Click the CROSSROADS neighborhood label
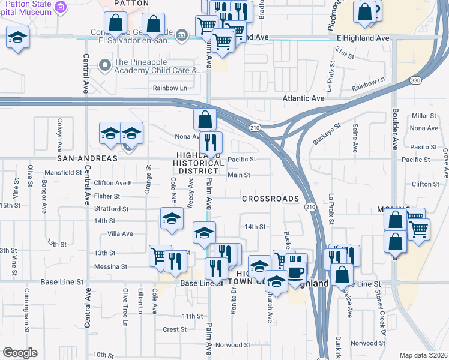click(x=270, y=199)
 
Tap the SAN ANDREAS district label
click(x=87, y=158)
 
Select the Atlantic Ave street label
click(x=304, y=98)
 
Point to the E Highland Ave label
click(x=363, y=38)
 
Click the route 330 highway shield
click(x=415, y=79)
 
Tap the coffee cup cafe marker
click(x=295, y=271)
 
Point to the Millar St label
click(x=424, y=116)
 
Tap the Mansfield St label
click(x=63, y=172)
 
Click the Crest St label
click(x=175, y=329)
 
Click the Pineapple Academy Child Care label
click(x=157, y=66)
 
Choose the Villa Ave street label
click(x=119, y=233)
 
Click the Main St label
click(x=239, y=175)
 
